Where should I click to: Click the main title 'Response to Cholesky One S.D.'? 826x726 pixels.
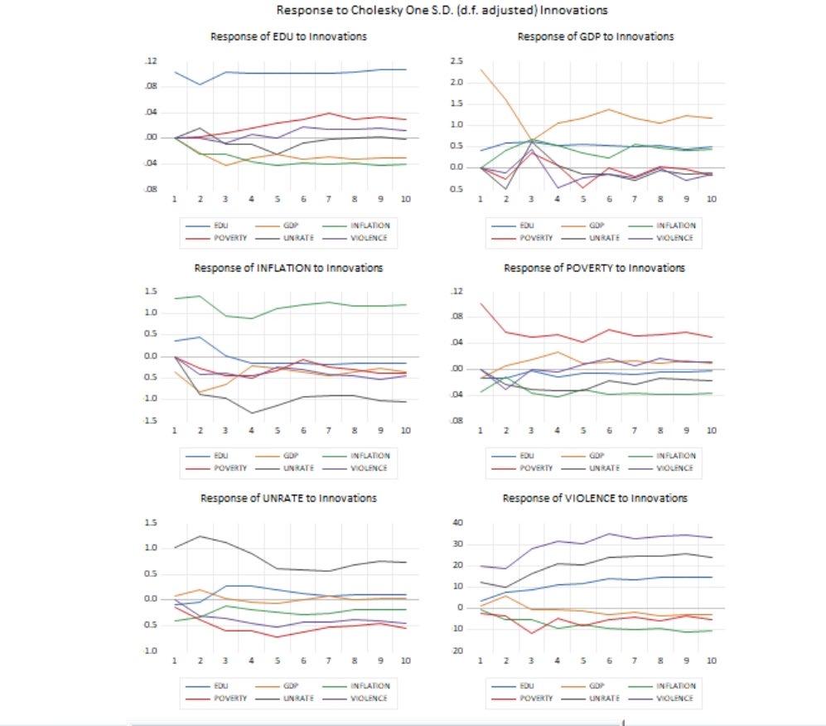[x=442, y=11]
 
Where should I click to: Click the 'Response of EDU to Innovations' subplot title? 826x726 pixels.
[x=288, y=37]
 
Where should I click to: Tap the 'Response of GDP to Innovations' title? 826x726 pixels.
[x=595, y=37]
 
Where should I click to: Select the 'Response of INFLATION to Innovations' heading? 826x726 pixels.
[x=288, y=268]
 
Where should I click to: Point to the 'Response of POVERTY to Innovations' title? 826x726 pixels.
[x=595, y=268]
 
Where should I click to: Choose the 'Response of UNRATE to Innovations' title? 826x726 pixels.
[x=288, y=498]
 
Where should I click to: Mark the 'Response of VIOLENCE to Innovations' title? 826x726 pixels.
[x=595, y=498]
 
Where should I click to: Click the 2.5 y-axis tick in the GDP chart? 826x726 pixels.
[x=455, y=61]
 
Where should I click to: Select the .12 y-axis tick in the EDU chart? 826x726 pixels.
[x=150, y=61]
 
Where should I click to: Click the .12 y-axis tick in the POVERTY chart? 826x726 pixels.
[x=455, y=292]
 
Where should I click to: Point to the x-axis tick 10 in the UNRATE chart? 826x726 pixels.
[x=405, y=661]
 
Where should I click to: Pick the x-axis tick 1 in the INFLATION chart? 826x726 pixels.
[x=174, y=430]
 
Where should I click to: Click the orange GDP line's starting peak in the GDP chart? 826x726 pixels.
[x=481, y=70]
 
